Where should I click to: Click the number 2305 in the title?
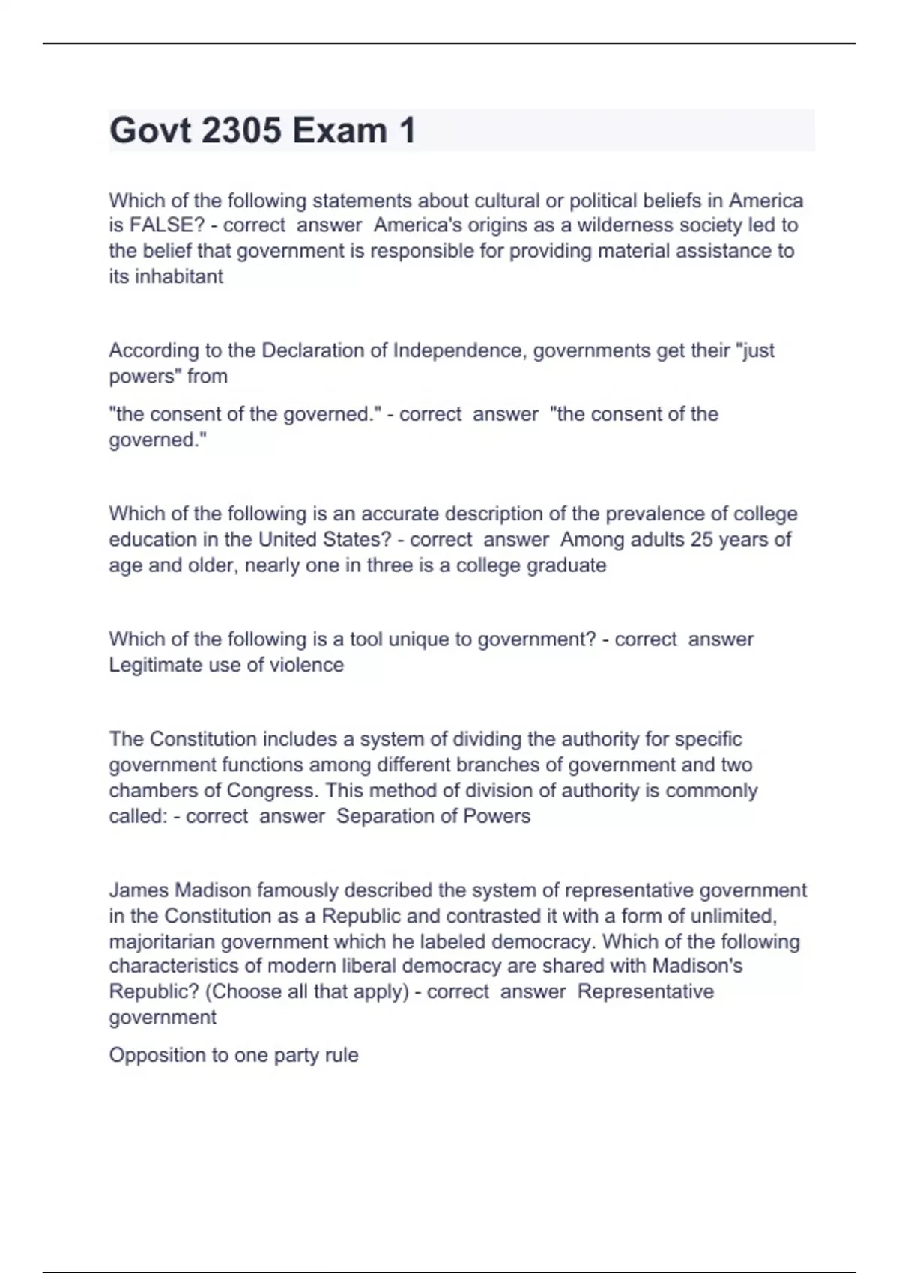pos(241,130)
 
